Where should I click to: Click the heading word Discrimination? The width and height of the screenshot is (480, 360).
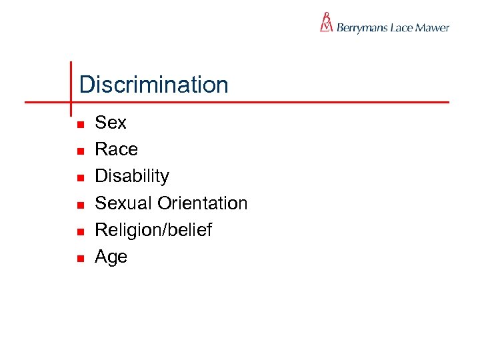tap(153, 85)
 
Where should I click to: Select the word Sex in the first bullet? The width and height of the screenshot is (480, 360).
tap(111, 123)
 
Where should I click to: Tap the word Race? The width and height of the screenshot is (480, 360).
tap(116, 149)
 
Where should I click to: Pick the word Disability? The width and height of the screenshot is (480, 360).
tap(132, 176)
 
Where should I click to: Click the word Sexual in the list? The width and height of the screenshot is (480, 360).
tap(124, 203)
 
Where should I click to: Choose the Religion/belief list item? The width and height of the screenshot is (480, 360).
tap(153, 230)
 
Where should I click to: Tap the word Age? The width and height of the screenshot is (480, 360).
tap(111, 257)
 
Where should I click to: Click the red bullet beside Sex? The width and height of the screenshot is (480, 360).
tap(78, 125)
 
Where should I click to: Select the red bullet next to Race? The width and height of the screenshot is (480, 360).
tap(78, 151)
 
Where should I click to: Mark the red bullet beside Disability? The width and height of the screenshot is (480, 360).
tap(78, 178)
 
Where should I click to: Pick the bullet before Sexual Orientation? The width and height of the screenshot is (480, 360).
tap(78, 205)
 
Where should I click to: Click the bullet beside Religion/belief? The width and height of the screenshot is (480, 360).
tap(78, 231)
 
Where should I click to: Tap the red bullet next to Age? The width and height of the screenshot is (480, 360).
tap(78, 258)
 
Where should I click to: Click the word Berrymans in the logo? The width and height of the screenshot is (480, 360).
tap(364, 28)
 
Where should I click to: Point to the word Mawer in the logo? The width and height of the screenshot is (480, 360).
tap(433, 27)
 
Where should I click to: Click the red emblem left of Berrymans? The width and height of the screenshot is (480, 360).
tap(326, 22)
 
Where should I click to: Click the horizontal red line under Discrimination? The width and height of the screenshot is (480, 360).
tap(267, 103)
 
